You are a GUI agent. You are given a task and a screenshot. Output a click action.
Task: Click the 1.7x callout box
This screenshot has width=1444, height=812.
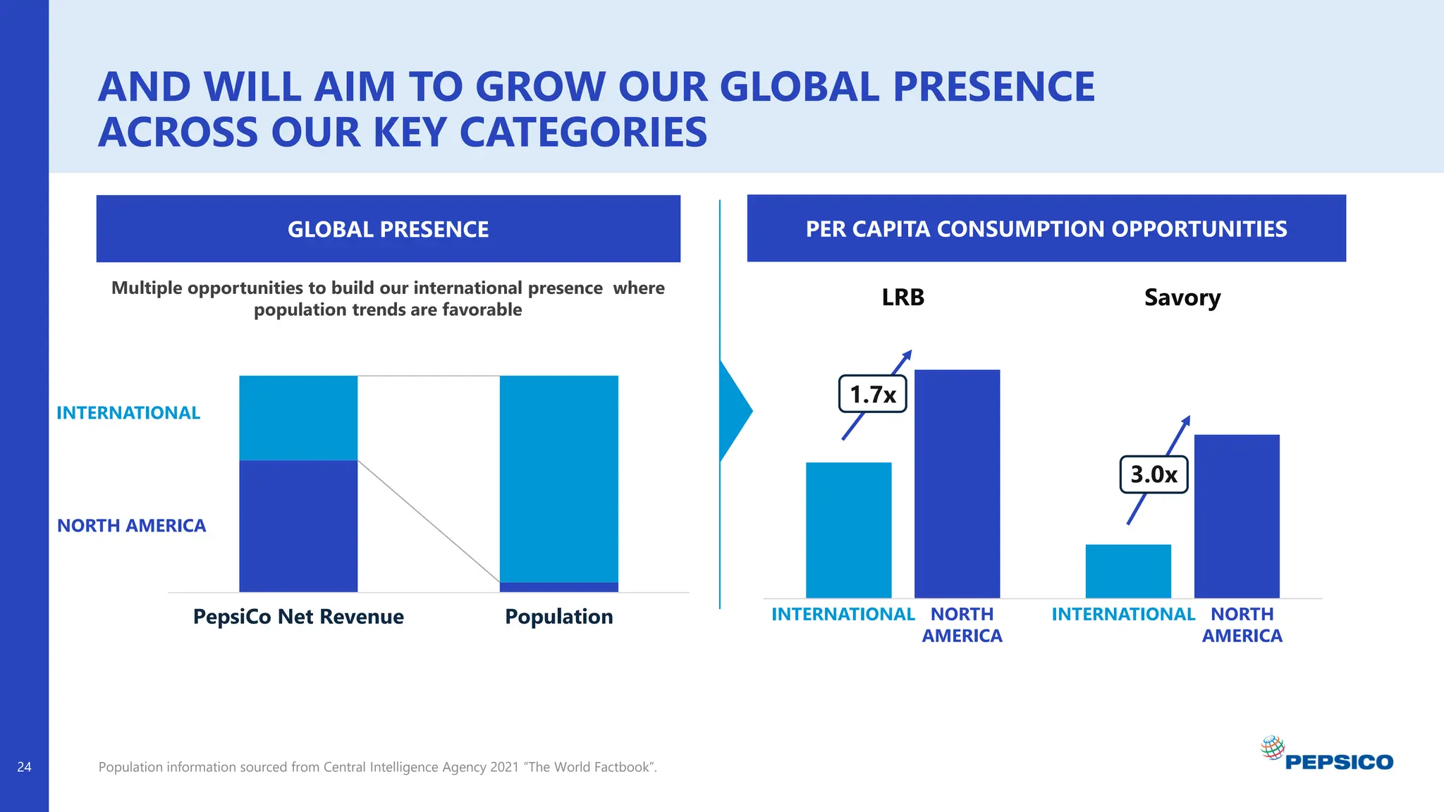point(872,394)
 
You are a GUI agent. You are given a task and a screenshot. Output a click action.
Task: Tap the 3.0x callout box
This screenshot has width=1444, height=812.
point(1154,474)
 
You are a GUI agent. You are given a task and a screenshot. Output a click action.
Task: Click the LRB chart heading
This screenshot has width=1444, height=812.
point(902,297)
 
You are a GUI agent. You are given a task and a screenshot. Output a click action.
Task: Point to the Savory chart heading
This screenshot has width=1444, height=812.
point(1182,297)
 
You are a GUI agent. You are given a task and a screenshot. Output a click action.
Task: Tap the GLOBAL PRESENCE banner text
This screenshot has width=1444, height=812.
point(388,229)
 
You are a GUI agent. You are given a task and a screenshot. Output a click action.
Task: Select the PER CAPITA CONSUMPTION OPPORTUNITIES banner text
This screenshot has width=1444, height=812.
point(1046,229)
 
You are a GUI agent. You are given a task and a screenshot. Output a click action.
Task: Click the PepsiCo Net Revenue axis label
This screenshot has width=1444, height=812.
point(298,617)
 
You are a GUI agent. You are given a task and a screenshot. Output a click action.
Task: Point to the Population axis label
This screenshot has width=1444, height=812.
point(559,617)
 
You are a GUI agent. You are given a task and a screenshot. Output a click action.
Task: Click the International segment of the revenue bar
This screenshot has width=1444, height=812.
point(298,418)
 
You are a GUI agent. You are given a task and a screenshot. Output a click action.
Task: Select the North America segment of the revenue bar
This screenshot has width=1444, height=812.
point(298,526)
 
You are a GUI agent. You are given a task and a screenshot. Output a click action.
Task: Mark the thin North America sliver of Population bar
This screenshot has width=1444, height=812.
point(559,587)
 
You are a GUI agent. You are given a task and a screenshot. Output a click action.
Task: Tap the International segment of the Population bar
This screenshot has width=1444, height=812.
point(559,479)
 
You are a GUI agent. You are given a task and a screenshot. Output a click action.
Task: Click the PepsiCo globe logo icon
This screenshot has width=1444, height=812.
point(1272,747)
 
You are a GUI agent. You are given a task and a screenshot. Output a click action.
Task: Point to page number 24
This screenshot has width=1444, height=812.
point(24,767)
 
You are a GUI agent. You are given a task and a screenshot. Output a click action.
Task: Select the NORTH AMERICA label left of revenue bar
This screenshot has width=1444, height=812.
point(131,526)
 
